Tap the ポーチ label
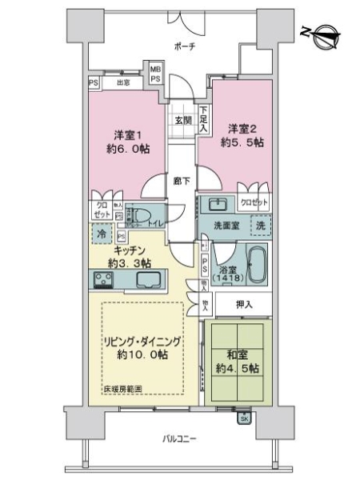[184, 46]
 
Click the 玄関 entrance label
[182, 121]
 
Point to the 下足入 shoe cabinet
[204, 119]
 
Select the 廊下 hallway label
[182, 181]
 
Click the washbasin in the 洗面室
[218, 204]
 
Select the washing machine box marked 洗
[261, 226]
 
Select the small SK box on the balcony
[243, 417]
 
